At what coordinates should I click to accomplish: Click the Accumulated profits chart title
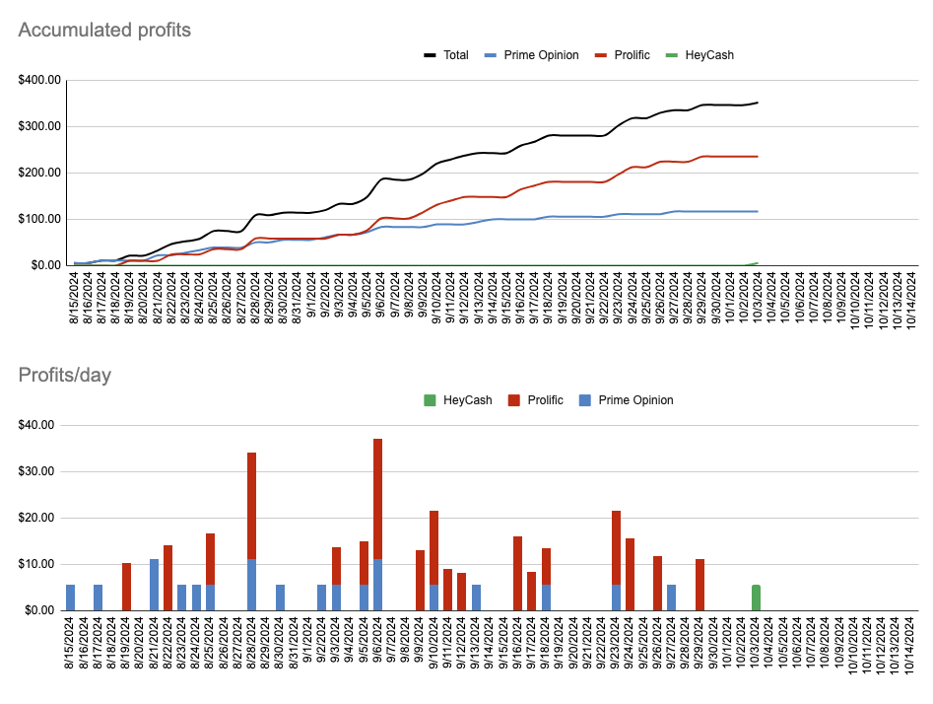pos(104,30)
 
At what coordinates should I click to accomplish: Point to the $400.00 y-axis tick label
pos(38,80)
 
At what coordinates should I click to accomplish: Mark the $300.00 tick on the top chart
pos(38,126)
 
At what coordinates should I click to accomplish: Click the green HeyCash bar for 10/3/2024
pos(756,598)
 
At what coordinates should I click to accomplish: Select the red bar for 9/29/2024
pos(700,585)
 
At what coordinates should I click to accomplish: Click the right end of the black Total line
pos(757,103)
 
